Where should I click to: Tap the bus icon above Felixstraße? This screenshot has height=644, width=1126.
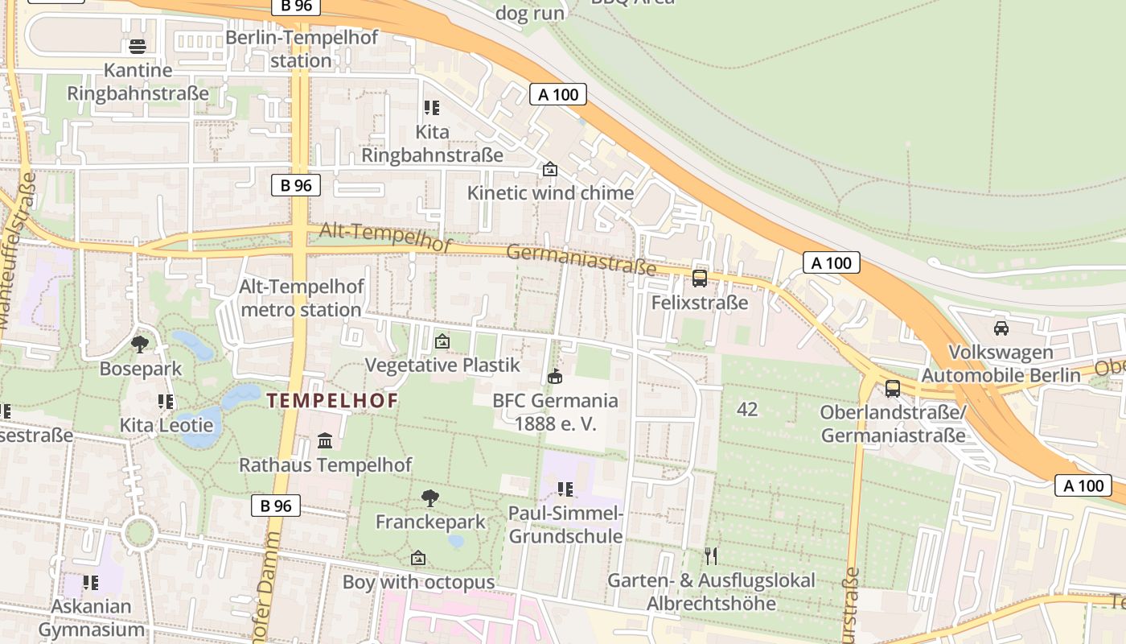click(700, 279)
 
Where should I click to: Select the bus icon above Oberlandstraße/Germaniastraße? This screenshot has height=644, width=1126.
click(893, 388)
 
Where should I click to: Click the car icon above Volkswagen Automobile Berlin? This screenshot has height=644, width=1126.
click(1001, 328)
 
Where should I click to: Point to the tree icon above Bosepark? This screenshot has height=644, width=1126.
click(140, 345)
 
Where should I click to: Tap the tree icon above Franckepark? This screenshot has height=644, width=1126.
click(430, 497)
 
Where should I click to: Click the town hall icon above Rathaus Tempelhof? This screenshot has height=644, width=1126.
click(325, 440)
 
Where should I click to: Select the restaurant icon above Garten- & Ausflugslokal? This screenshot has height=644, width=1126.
click(711, 555)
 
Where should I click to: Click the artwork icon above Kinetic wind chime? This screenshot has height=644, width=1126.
click(550, 169)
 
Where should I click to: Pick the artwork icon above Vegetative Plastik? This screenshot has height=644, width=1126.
click(442, 341)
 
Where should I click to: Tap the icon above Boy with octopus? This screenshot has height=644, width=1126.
click(418, 557)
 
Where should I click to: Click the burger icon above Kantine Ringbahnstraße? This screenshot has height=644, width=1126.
click(138, 46)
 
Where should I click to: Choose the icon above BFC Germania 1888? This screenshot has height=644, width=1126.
click(555, 376)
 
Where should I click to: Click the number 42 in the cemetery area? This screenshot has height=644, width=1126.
click(747, 409)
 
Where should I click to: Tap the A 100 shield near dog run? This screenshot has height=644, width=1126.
click(558, 94)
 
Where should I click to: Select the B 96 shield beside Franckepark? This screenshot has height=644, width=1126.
click(276, 506)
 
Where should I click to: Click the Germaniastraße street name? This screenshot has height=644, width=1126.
click(581, 261)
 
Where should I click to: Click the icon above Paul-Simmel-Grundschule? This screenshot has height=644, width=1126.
click(565, 489)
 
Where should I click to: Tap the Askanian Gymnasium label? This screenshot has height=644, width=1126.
click(91, 617)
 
